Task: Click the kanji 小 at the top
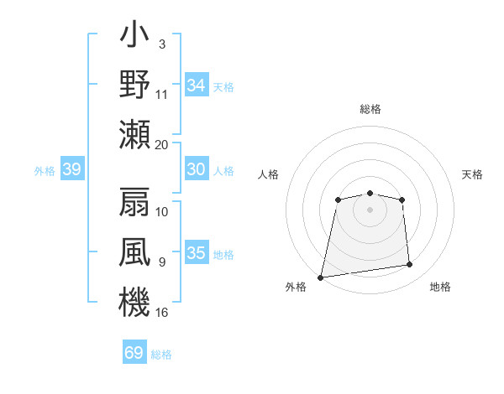(x=134, y=36)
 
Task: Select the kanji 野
(x=134, y=85)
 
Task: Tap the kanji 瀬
(x=134, y=134)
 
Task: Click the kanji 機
(x=134, y=301)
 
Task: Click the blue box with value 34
(x=196, y=86)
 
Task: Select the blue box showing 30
(x=196, y=169)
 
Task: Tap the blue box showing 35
(x=196, y=253)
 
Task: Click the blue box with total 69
(x=134, y=353)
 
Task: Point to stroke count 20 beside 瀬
(x=162, y=144)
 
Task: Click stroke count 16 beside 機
(x=162, y=312)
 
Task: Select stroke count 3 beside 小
(x=161, y=44)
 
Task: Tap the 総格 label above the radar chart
(x=370, y=109)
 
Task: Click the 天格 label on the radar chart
(x=473, y=174)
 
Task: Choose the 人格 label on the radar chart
(x=268, y=174)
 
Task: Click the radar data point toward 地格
(x=409, y=265)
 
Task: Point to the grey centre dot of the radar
(x=370, y=209)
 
